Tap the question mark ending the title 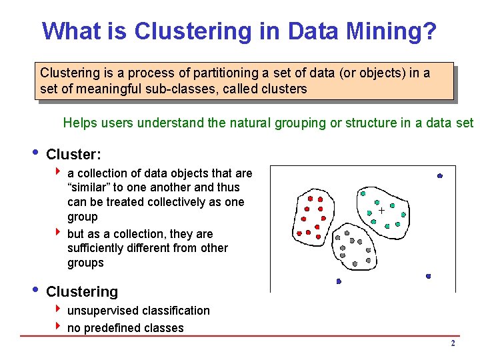click(429, 31)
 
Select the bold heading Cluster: click(73, 155)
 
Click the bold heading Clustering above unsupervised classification click(81, 291)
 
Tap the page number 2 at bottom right click(453, 343)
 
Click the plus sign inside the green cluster click(381, 211)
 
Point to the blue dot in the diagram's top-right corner click(440, 175)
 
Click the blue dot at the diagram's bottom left click(339, 281)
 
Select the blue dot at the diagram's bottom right click(428, 276)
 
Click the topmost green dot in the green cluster click(363, 193)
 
